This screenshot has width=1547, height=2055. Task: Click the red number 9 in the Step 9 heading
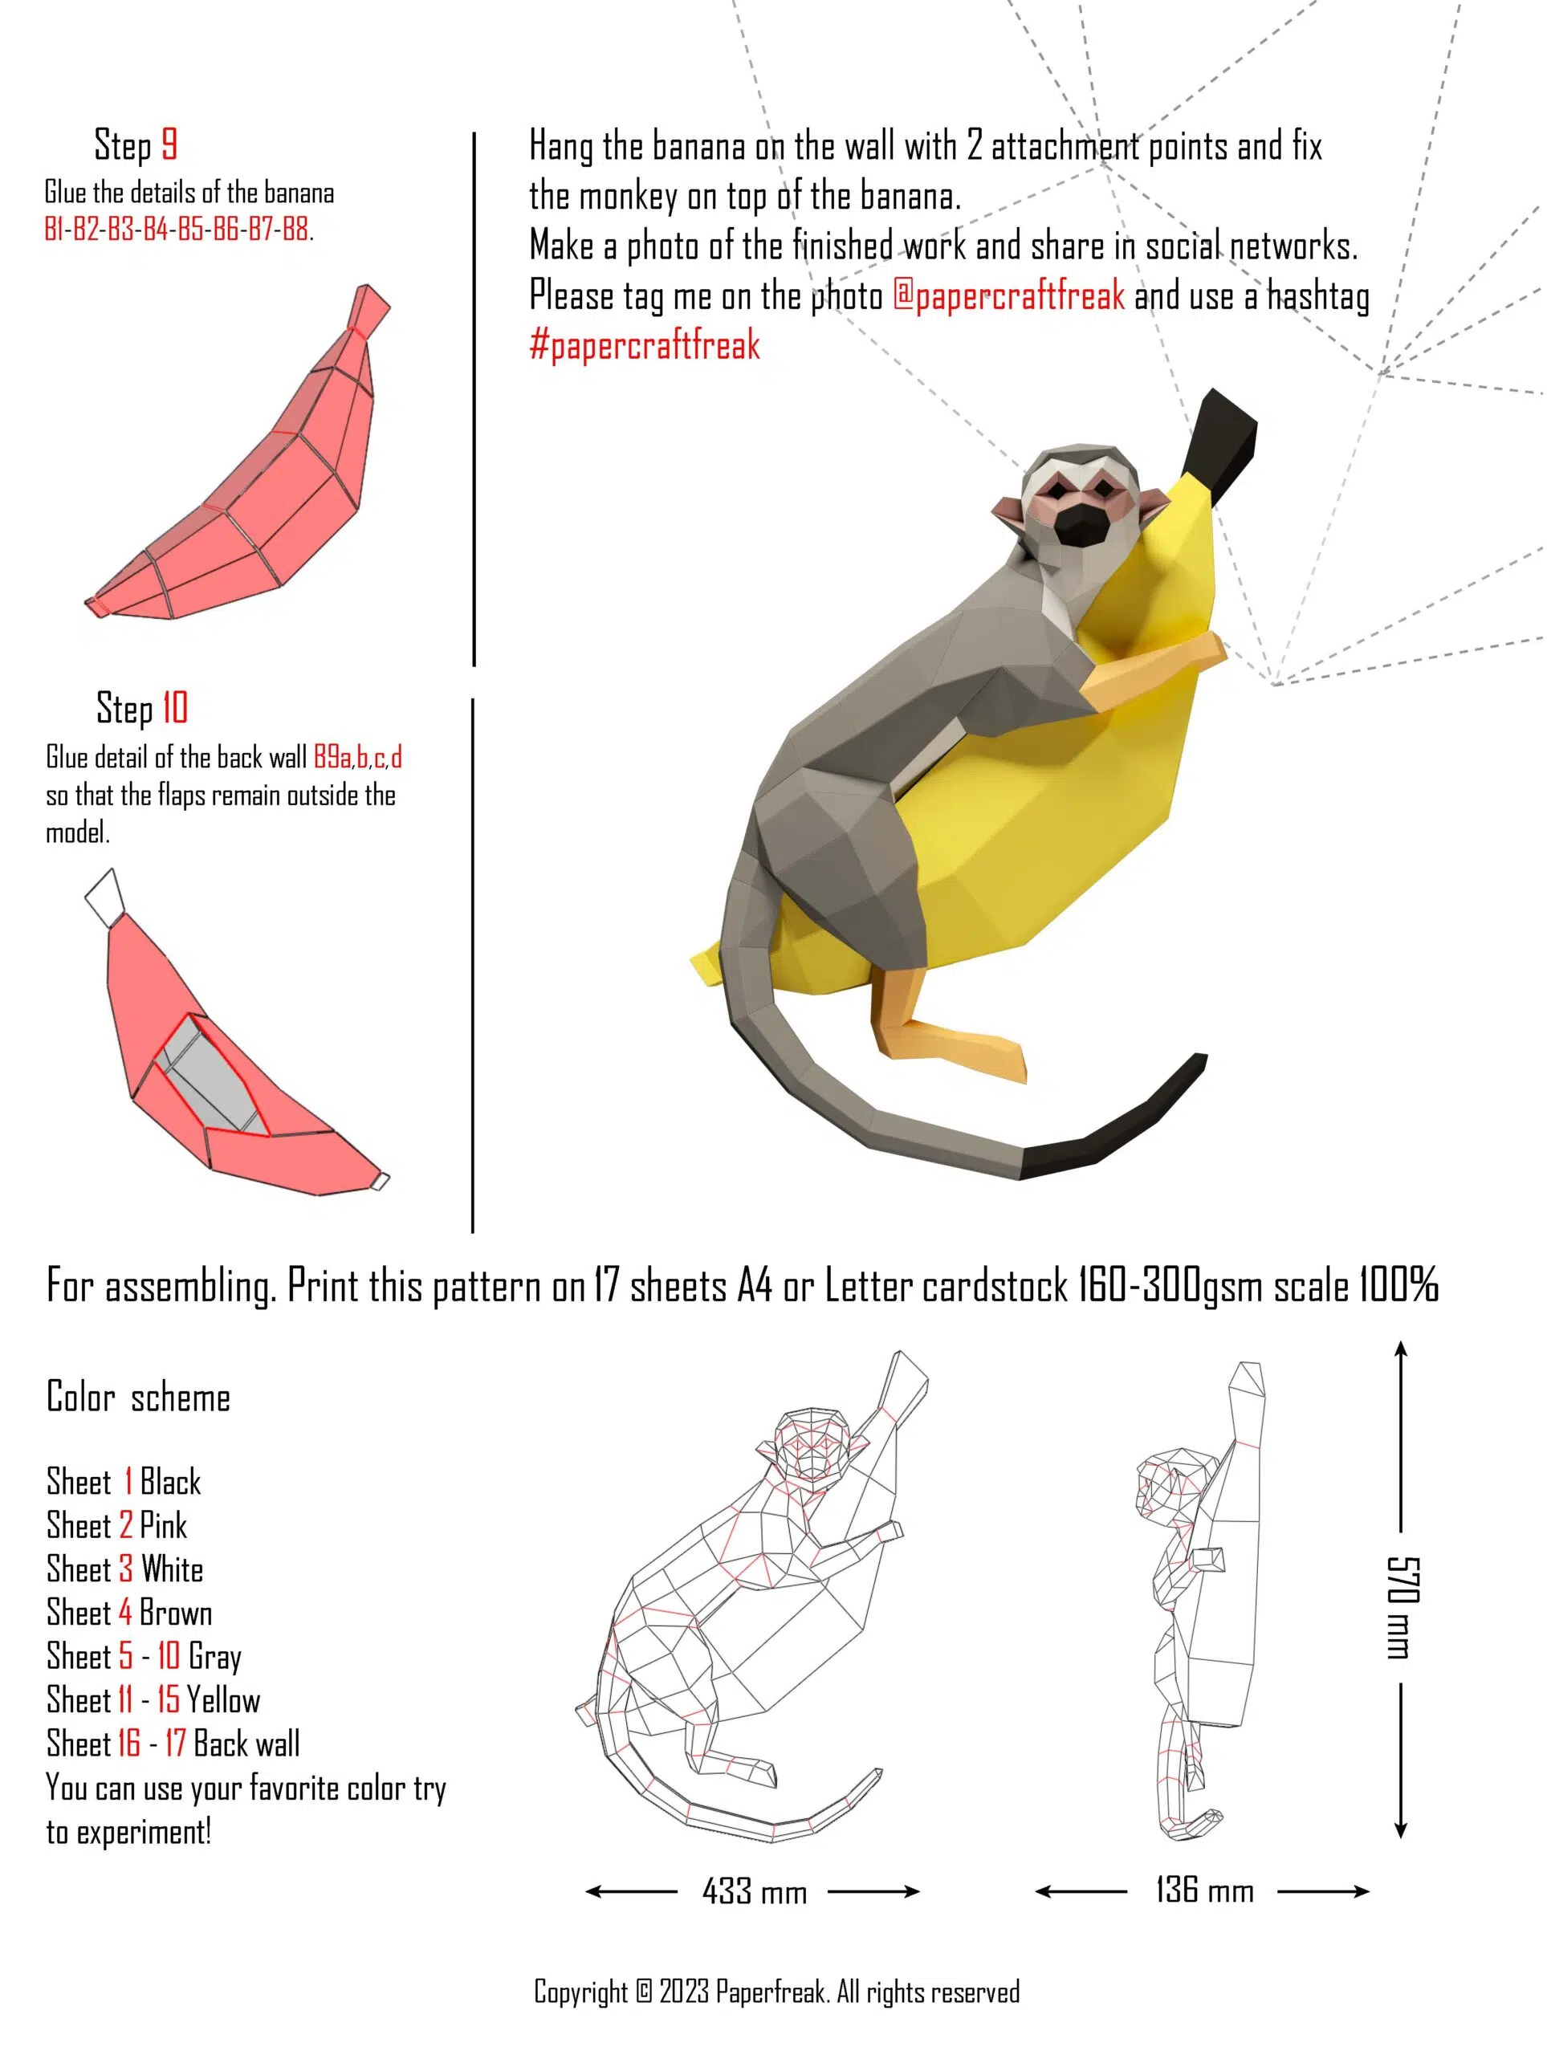pos(169,145)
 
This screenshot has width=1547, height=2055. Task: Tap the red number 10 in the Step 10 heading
pos(175,708)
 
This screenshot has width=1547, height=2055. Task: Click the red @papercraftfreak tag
pos(1008,295)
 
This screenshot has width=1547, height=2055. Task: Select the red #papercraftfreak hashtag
pos(645,346)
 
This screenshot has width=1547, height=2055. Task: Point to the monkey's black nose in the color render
pos(1079,526)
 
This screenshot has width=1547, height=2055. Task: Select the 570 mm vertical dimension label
pos(1401,1606)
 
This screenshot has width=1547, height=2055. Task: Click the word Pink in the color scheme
pos(164,1525)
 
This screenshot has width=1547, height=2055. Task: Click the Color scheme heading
pos(138,1398)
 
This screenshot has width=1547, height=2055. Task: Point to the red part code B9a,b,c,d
pos(358,758)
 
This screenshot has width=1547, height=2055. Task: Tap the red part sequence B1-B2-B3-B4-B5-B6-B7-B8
pos(177,229)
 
